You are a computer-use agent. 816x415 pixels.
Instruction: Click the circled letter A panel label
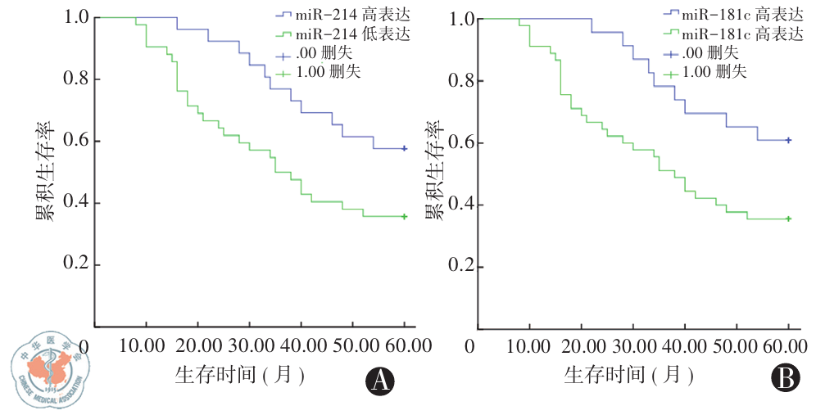(379, 380)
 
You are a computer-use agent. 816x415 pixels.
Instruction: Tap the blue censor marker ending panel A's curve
(404, 148)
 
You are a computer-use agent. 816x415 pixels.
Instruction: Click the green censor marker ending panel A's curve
(404, 216)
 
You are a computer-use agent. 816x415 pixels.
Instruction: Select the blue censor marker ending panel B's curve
(788, 140)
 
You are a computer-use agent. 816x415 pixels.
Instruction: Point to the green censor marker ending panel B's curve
(788, 219)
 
